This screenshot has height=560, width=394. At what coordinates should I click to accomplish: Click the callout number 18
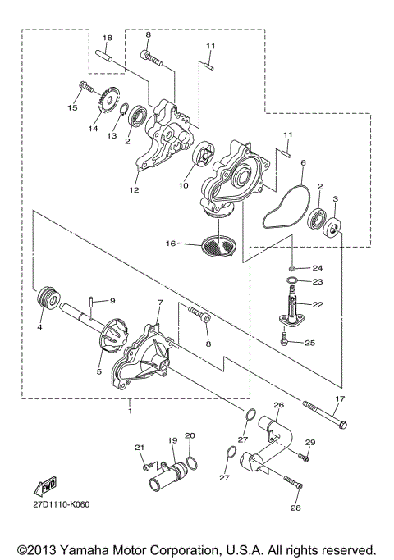click(107, 39)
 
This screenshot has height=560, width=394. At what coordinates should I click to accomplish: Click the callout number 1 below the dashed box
click(129, 407)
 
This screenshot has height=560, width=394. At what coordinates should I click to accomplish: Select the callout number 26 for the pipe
click(278, 405)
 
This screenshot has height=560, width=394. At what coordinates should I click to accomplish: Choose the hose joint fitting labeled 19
click(168, 471)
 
